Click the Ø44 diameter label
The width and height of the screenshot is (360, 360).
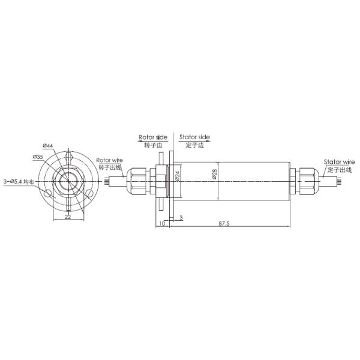click(49, 146)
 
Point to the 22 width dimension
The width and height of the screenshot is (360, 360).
click(68, 217)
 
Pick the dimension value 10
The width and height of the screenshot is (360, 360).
click(162, 223)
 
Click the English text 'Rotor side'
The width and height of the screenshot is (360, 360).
click(151, 137)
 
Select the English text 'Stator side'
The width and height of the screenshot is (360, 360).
click(194, 137)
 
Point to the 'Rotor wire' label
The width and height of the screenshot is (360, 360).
click(109, 160)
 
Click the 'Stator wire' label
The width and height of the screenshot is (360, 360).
click(339, 162)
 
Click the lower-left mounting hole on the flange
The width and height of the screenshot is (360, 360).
click(47, 194)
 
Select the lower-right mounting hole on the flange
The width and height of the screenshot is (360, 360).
click(89, 193)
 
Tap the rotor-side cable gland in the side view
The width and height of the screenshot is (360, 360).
click(137, 180)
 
